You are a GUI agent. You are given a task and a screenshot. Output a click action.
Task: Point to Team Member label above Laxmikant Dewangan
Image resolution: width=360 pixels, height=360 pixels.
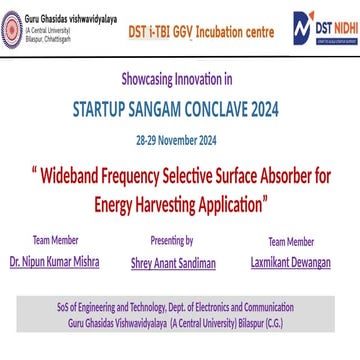[291, 241]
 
